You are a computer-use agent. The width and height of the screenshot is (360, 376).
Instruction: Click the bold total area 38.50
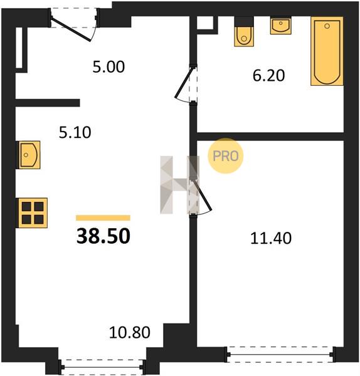click(x=103, y=236)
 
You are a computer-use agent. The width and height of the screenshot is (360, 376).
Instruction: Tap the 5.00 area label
click(x=109, y=67)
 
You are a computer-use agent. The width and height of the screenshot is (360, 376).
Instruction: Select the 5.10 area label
click(x=75, y=132)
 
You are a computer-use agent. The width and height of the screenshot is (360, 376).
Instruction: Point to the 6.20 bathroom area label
click(x=269, y=75)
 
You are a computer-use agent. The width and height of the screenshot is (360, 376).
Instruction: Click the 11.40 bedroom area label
click(x=271, y=238)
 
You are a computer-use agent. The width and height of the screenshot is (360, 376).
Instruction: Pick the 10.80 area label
click(x=130, y=332)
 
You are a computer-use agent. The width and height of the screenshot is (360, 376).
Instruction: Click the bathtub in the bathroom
click(x=327, y=51)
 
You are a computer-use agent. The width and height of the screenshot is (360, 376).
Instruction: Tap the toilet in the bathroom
click(x=244, y=32)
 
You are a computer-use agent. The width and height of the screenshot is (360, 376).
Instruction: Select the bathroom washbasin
click(x=281, y=26)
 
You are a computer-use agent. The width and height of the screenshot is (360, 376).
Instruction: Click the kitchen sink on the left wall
click(x=28, y=155)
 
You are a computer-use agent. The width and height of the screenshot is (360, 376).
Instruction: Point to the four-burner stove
click(x=32, y=212)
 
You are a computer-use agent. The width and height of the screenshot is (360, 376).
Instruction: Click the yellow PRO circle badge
click(x=226, y=156)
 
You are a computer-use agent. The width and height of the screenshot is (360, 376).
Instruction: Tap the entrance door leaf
click(x=71, y=29)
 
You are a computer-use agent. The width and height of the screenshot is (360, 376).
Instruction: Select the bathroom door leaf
click(x=184, y=83)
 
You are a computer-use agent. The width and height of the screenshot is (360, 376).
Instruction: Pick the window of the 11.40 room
click(x=280, y=355)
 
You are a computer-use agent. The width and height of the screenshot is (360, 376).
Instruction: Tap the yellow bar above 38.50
click(x=103, y=217)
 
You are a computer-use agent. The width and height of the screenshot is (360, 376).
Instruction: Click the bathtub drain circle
click(x=327, y=26)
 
